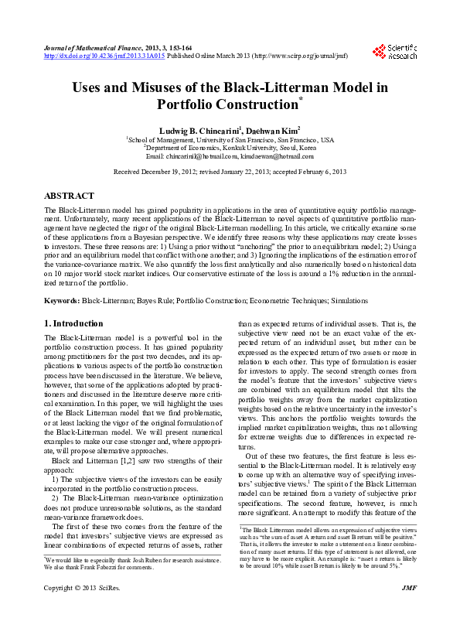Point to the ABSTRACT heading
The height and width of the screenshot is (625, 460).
tap(70, 196)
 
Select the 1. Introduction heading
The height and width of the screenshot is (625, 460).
tap(73, 323)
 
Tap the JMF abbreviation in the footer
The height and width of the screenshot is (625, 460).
tap(410, 610)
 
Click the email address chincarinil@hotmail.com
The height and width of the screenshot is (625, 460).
tap(204, 156)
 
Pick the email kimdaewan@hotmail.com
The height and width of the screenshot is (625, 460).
tap(278, 156)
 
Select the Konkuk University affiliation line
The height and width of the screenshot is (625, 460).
tap(230, 148)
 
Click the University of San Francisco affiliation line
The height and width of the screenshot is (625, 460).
tap(230, 139)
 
